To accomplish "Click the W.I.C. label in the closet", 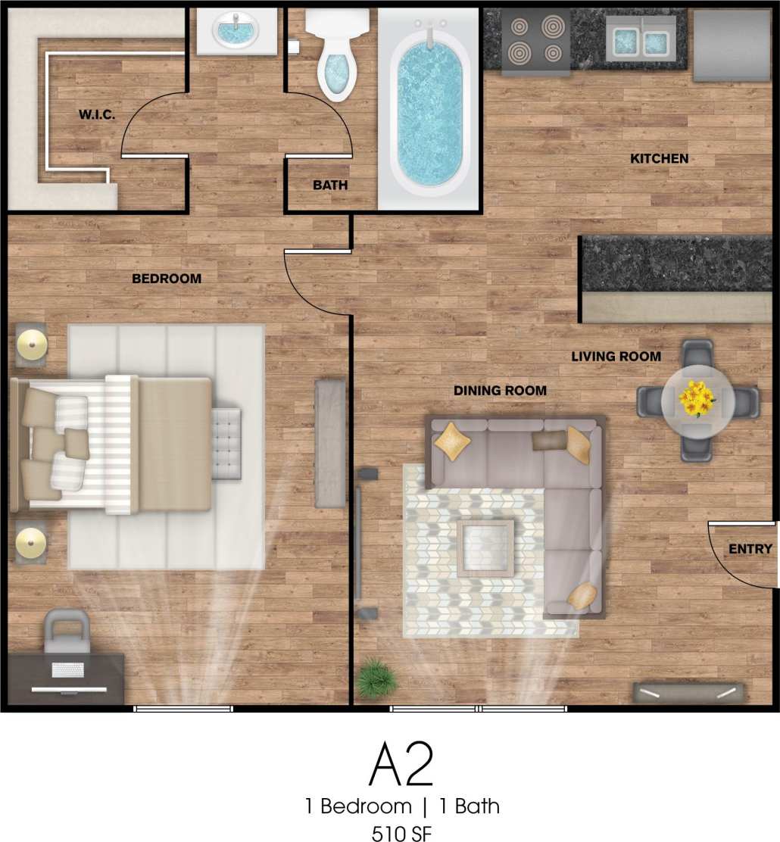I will pos(96,116).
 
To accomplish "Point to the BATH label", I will pos(330,185).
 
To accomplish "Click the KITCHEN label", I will pos(660,159).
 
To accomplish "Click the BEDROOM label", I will pos(167,279).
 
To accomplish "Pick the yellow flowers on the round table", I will pos(697,398).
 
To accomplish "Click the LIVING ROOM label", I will pos(616,357).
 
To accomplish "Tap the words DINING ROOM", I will pos(500,391).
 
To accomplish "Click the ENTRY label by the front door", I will pos(750,550).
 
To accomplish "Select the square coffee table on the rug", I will pos(485,547).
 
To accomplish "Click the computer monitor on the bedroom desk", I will pos(68,690).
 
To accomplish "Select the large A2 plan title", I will pos(401,765).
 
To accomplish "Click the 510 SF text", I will pos(401,832).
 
